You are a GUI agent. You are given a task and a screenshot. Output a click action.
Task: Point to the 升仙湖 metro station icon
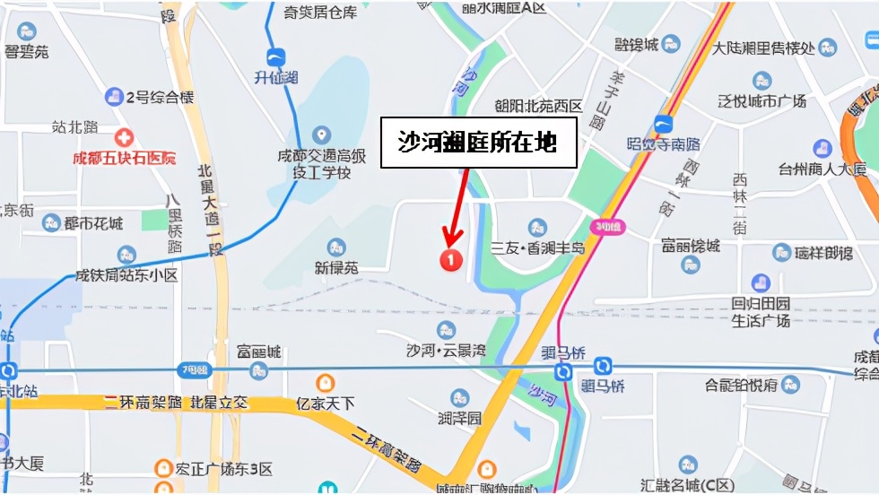pyautogui.click(x=276, y=58)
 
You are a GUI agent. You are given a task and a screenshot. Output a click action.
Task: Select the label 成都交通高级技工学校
pyautogui.click(x=321, y=163)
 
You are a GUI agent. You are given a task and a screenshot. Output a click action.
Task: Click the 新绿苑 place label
pyautogui.click(x=336, y=267)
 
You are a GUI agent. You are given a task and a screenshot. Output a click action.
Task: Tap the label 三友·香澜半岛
pyautogui.click(x=537, y=247)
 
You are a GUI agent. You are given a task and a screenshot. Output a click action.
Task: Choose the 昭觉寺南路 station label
pyautogui.click(x=664, y=143)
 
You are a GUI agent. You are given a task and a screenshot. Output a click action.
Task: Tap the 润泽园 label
pyautogui.click(x=460, y=418)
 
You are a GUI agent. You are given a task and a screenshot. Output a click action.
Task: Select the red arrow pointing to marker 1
pyautogui.click(x=457, y=206)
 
